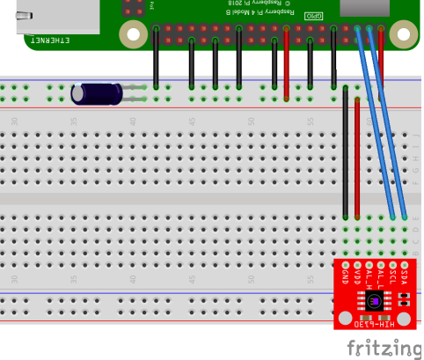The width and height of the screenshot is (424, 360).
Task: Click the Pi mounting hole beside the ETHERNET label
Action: tap(133, 35)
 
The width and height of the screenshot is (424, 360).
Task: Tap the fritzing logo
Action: tap(388, 347)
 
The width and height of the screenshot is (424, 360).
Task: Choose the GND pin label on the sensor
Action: tap(346, 275)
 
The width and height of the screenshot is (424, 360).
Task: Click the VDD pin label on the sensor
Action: tap(358, 275)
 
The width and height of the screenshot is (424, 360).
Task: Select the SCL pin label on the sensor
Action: tap(392, 275)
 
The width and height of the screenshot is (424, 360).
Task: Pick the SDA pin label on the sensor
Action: tap(404, 275)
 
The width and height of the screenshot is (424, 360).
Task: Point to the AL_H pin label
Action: tap(381, 276)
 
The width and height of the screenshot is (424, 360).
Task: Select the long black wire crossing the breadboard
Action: tap(346, 154)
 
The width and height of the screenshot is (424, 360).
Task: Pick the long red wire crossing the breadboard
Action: tap(357, 158)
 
